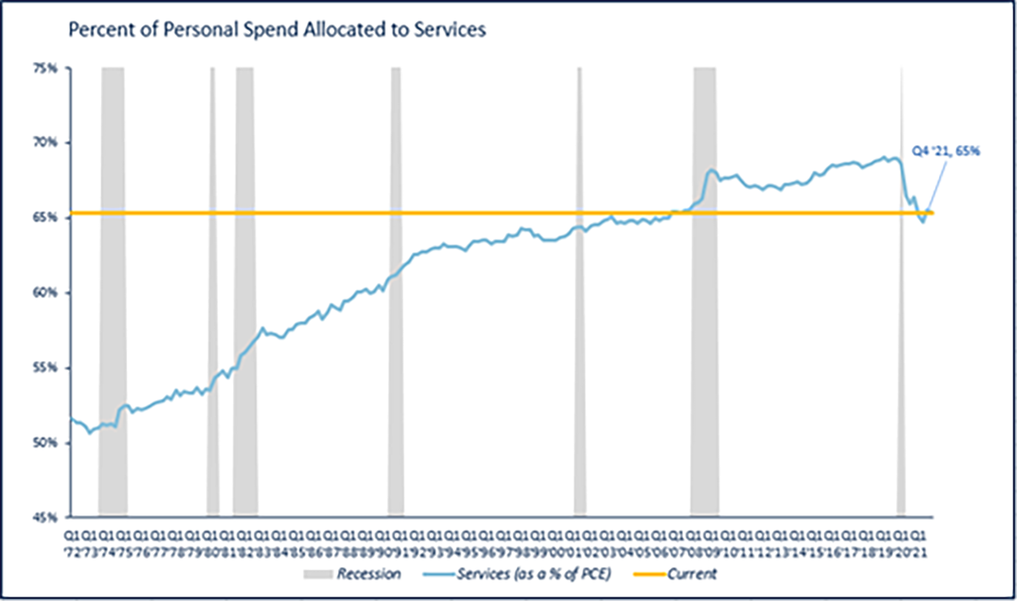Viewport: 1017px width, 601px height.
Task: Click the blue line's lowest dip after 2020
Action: pos(923,222)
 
